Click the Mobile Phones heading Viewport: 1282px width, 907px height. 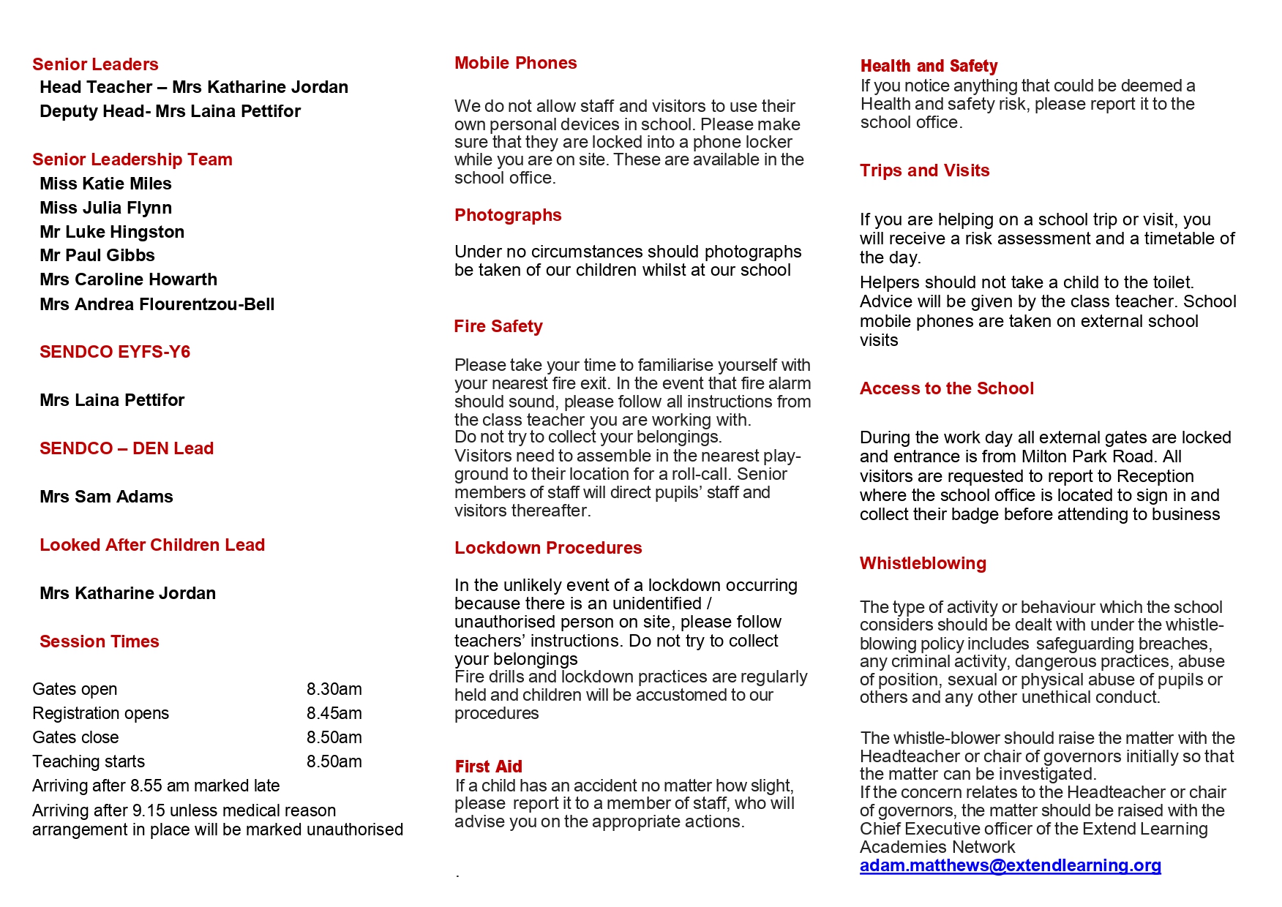(x=515, y=64)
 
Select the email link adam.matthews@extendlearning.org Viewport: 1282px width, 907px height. (x=1010, y=865)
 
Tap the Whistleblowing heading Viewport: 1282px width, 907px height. (x=923, y=563)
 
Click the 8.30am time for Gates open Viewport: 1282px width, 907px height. (x=334, y=689)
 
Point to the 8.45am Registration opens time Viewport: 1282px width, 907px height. (x=334, y=713)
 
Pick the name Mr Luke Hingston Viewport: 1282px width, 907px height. (x=112, y=232)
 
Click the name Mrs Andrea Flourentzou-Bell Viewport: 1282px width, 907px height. (x=157, y=304)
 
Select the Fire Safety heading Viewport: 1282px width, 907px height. (x=498, y=326)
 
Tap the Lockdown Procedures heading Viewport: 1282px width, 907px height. (x=548, y=548)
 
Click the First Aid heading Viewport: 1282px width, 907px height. (x=488, y=767)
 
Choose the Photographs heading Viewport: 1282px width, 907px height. (x=508, y=215)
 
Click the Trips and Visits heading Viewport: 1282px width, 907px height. (x=924, y=170)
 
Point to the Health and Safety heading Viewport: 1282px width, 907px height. (x=929, y=66)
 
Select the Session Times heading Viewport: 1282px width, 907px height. (x=99, y=641)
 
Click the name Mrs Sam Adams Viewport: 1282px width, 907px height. (x=106, y=497)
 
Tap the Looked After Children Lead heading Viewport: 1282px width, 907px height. (x=151, y=545)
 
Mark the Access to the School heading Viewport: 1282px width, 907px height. (x=946, y=388)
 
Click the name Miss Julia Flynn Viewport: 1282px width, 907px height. (x=105, y=208)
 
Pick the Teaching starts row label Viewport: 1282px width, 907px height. (x=89, y=761)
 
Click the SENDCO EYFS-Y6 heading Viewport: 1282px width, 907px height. (x=114, y=352)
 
